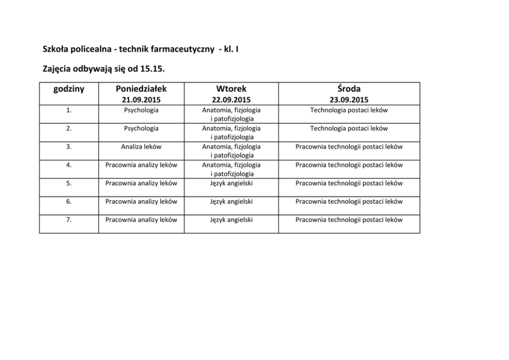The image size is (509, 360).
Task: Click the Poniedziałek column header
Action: pos(141,89)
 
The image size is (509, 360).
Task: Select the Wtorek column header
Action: pos(231,89)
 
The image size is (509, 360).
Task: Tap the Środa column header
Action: pos(349,89)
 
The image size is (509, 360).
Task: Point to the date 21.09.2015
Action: pos(141,100)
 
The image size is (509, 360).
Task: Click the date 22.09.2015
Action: pos(231,100)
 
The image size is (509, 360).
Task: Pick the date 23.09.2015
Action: pos(349,100)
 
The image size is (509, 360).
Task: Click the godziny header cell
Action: pos(69,89)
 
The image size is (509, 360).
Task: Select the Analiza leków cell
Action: pos(141,147)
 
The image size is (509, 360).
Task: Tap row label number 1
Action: pos(69,110)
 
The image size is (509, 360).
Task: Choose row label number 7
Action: pos(69,220)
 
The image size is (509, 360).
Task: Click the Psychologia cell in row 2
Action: pos(141,128)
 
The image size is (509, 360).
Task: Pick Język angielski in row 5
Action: pos(231,183)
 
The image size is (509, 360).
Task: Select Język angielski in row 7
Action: pos(231,220)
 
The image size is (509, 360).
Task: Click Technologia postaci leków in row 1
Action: pos(349,110)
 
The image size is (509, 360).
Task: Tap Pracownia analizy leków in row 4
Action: pos(141,165)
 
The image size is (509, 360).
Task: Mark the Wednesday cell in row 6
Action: pos(349,202)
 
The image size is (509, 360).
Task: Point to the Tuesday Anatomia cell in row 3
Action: pos(231,151)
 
